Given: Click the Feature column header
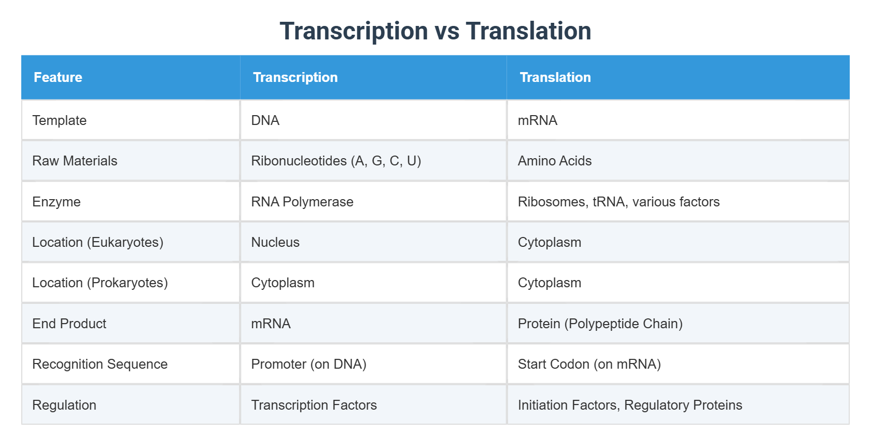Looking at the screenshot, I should (58, 77).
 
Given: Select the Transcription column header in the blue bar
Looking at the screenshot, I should (295, 77).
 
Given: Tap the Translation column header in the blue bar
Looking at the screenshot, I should (555, 77).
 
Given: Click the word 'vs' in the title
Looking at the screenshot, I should (446, 31).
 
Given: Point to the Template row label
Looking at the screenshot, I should (59, 120).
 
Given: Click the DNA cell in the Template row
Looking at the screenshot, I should (265, 120).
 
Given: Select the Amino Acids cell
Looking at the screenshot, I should (554, 161).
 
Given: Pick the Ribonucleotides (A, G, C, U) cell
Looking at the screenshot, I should (336, 161).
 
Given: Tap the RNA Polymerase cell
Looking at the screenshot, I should (302, 202).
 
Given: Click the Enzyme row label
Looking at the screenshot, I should (56, 202).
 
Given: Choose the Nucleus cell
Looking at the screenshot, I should (275, 242).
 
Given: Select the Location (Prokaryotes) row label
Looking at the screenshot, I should (100, 283).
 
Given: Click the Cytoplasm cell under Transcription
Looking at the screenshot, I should (283, 283).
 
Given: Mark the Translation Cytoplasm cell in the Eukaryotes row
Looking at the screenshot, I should (549, 242).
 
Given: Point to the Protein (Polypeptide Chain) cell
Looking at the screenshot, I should (600, 324).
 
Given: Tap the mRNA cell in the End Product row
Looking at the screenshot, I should (271, 324).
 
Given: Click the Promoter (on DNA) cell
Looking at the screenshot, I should (308, 364).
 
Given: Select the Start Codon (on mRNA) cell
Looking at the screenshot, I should (589, 364).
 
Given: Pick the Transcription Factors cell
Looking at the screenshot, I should (314, 405).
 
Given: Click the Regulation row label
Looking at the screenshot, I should (64, 405).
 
